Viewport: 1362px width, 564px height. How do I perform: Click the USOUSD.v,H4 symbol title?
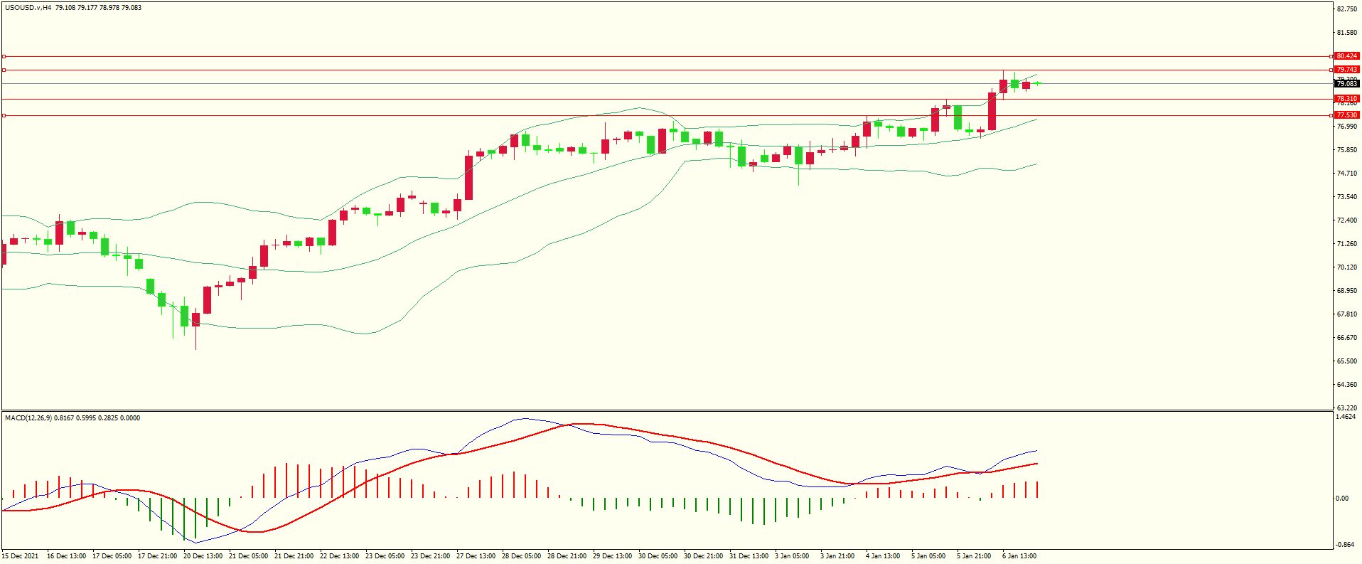(x=28, y=8)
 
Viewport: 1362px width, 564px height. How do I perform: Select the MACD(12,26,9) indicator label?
(x=28, y=418)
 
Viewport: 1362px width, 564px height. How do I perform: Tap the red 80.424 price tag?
(x=1346, y=56)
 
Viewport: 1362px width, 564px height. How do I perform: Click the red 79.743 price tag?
(x=1346, y=70)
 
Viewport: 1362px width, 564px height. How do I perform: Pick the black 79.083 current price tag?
(x=1346, y=84)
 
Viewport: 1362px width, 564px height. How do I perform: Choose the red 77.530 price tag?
(x=1346, y=115)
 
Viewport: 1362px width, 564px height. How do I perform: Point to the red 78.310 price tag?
(x=1346, y=99)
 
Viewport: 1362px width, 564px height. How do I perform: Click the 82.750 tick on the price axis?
(x=1346, y=9)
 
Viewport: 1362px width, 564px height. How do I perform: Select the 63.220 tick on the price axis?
(x=1346, y=408)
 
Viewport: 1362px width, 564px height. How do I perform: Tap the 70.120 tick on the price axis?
(x=1346, y=267)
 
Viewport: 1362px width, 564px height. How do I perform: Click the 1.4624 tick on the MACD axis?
(x=1346, y=417)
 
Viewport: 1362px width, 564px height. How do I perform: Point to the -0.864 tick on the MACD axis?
(x=1345, y=545)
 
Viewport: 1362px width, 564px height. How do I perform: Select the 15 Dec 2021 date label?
(x=20, y=556)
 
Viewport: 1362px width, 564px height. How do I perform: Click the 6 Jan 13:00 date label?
(x=1019, y=556)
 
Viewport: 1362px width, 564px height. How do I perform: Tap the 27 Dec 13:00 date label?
(x=476, y=556)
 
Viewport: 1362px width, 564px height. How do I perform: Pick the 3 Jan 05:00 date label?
(x=791, y=556)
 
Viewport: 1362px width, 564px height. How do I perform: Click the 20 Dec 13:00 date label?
(x=203, y=556)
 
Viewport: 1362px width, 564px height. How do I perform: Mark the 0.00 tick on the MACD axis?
(x=1342, y=499)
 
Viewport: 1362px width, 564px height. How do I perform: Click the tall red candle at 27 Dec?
(x=469, y=178)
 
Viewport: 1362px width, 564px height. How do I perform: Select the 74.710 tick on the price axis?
(x=1346, y=174)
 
